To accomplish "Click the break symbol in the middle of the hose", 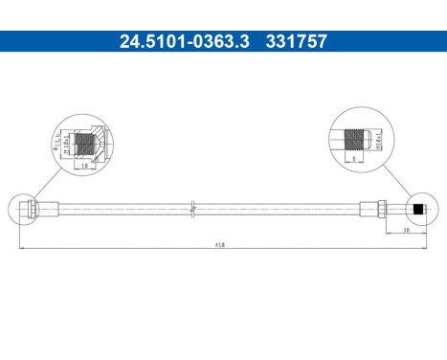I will click(193, 206).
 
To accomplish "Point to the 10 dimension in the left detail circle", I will click(85, 165).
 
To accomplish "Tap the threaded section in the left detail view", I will click(86, 144).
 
